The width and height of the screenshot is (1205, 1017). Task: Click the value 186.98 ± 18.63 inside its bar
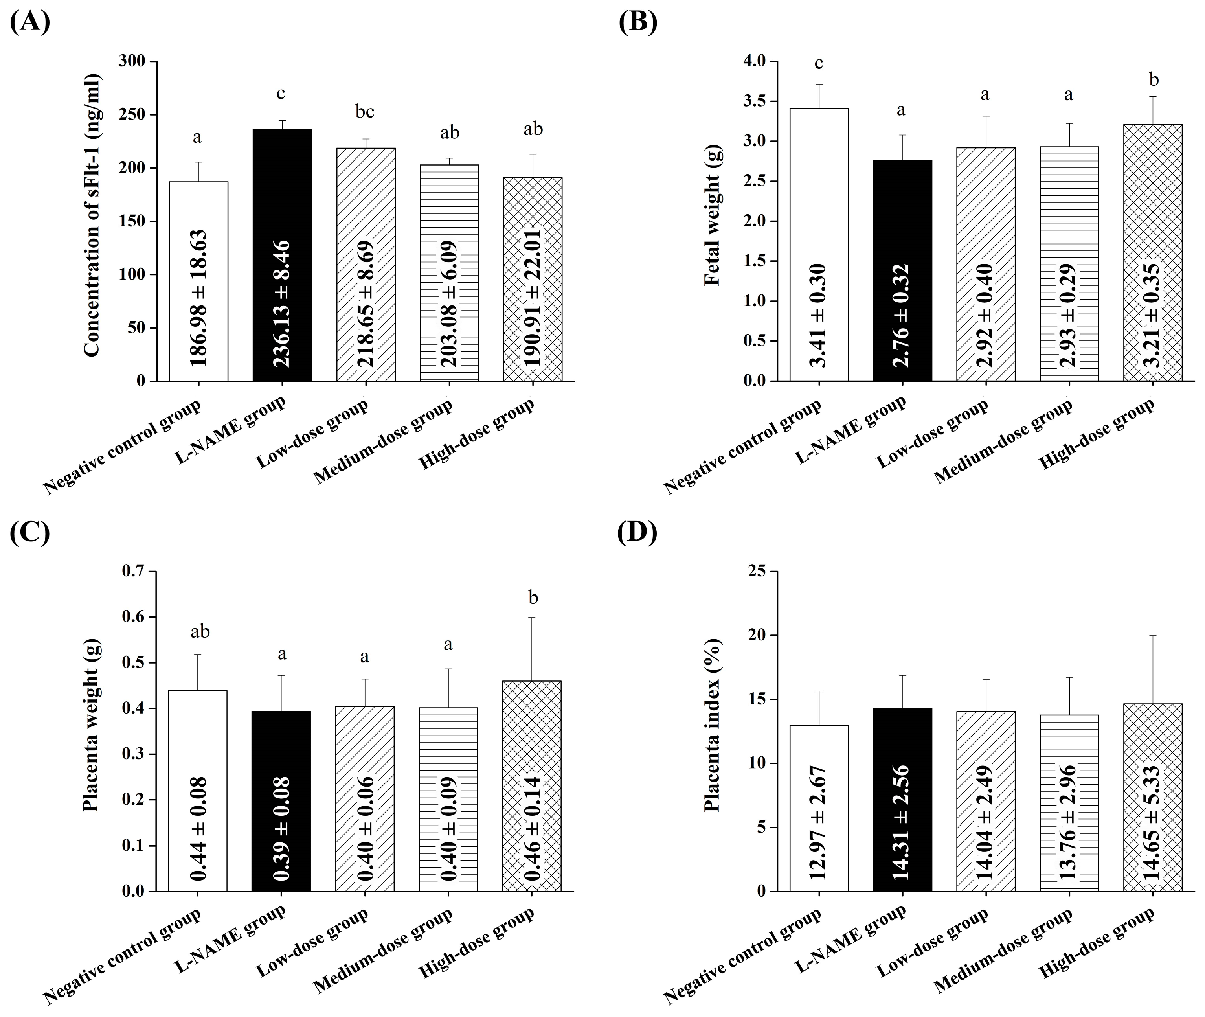[198, 298]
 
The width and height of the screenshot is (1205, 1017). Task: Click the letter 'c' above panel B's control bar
[818, 63]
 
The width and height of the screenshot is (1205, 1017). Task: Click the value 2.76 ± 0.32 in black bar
[901, 315]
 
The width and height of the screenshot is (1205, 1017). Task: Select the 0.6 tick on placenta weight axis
[132, 617]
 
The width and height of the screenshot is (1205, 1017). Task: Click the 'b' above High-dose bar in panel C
[533, 598]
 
